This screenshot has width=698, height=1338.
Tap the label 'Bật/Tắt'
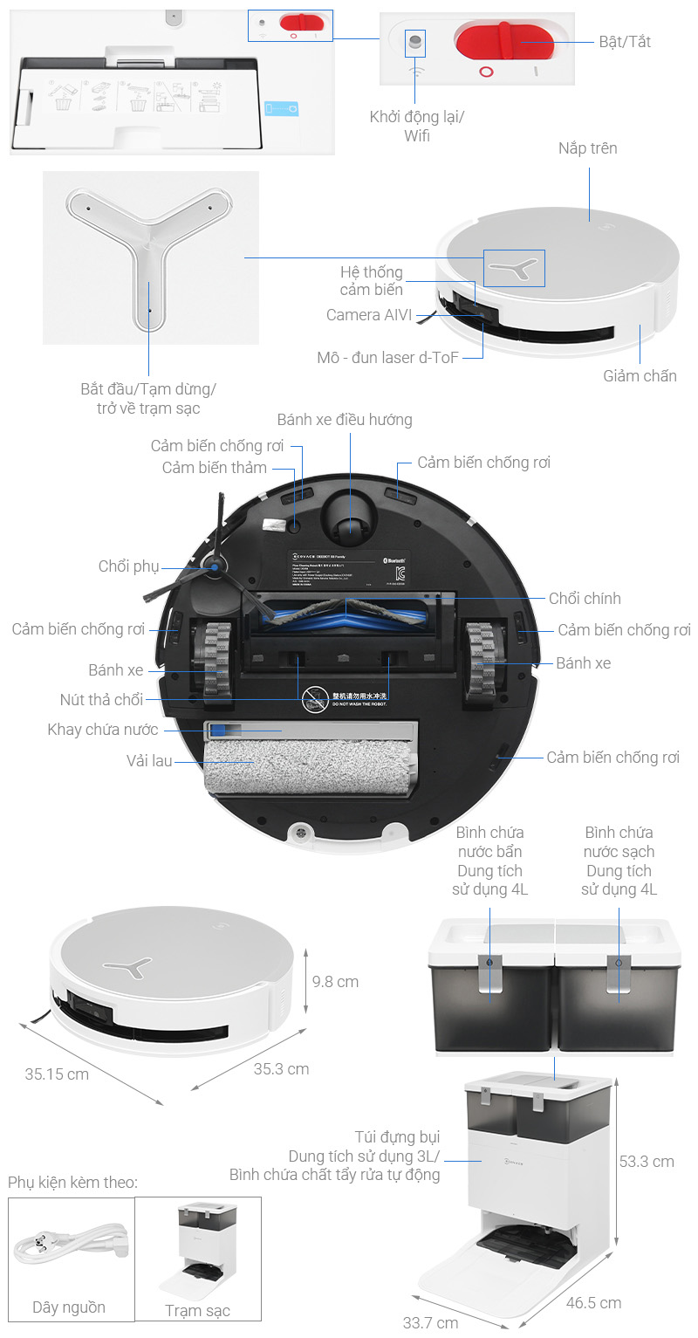(625, 42)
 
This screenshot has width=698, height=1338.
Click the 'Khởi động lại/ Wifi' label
(416, 126)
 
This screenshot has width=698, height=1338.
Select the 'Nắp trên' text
(587, 148)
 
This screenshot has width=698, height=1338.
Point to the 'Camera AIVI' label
(369, 315)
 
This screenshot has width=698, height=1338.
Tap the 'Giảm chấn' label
(640, 376)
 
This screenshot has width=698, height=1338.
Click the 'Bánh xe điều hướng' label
(345, 420)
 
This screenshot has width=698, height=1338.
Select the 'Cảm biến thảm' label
(215, 468)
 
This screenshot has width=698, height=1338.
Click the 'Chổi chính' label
(585, 599)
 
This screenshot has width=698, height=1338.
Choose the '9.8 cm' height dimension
(335, 982)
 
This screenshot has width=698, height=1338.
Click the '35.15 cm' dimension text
(57, 1074)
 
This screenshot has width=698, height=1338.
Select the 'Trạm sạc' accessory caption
(198, 1311)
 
